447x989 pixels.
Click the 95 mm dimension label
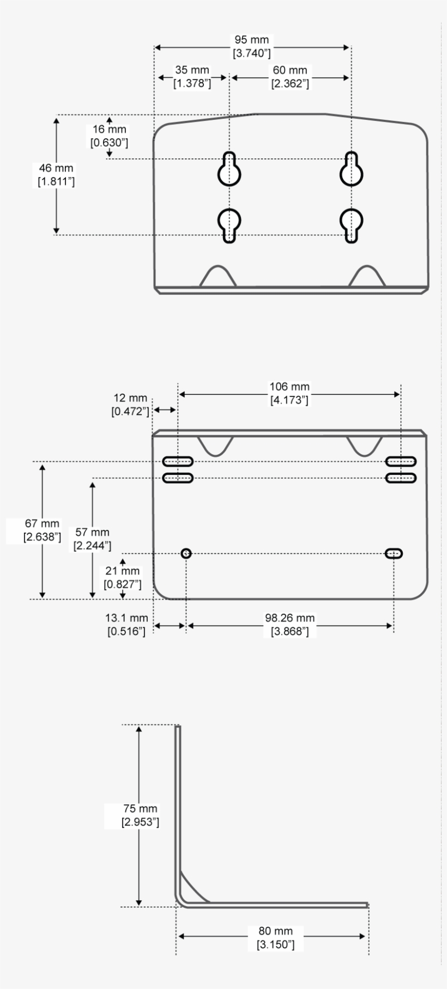point(251,47)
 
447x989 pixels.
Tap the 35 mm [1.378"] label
point(192,77)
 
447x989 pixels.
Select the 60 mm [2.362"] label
point(290,77)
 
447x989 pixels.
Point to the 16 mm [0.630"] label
point(109,136)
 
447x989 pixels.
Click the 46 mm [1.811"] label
point(56,175)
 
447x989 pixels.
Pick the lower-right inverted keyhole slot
point(352,224)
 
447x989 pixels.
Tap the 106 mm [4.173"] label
point(289,393)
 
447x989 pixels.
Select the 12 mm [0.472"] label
point(130,405)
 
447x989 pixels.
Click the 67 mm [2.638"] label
point(42,530)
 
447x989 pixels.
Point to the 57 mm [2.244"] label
point(92,539)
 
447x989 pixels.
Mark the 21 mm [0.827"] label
point(123,577)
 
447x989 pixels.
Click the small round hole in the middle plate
point(186,553)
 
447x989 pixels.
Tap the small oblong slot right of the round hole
point(394,553)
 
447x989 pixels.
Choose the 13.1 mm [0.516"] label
point(126,625)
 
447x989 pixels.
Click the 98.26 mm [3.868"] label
point(289,625)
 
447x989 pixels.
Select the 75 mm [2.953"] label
point(140,815)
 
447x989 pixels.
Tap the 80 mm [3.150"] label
point(275,937)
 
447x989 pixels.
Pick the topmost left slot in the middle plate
point(178,461)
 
